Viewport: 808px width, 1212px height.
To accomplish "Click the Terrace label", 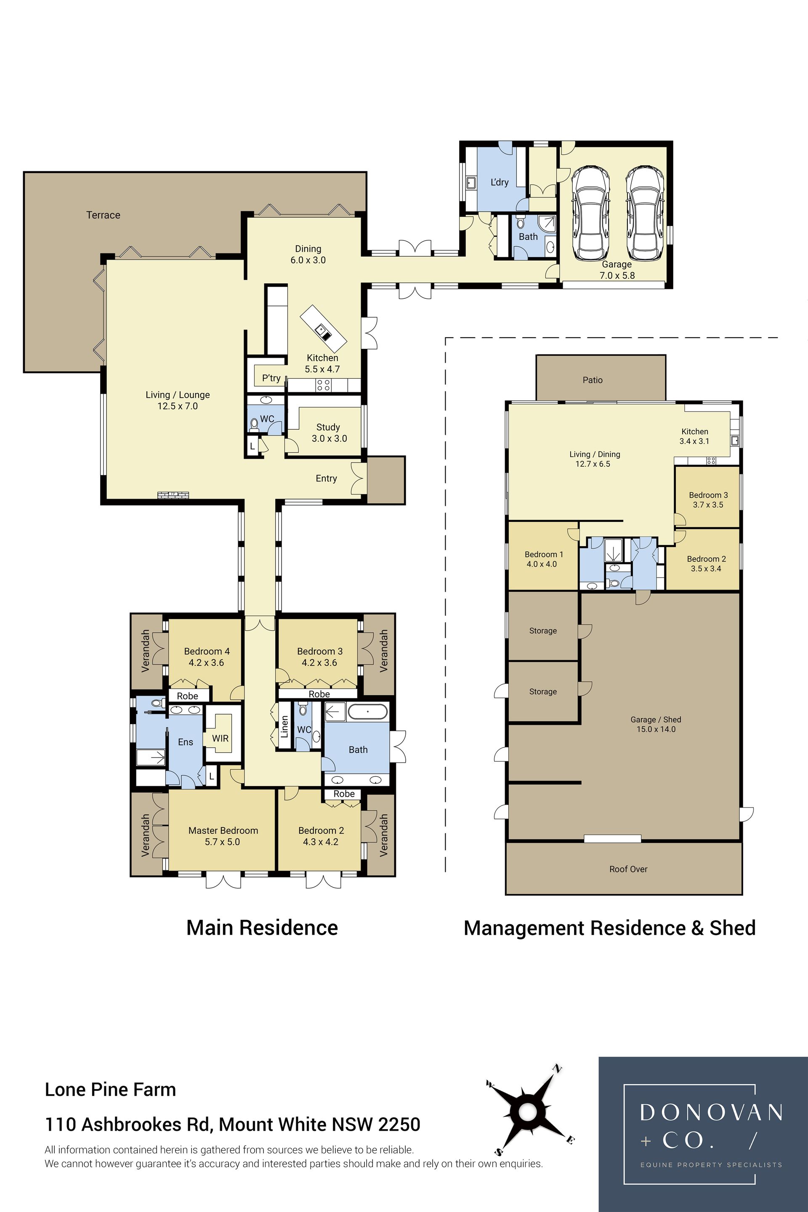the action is [103, 215].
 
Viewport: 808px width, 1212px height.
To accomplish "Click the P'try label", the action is [271, 378].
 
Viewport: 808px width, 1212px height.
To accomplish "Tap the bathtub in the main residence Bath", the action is [367, 712].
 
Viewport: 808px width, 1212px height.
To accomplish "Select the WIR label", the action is [220, 739].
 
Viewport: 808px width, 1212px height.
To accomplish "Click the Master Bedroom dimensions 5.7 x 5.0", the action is [222, 842].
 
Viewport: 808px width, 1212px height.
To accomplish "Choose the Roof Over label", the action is [628, 869].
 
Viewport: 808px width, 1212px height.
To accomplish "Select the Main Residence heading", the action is [262, 928].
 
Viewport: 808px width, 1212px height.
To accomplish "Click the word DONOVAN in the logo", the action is [712, 1113].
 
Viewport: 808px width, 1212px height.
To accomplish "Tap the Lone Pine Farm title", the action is [110, 1090].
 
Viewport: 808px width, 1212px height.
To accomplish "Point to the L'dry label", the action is [500, 182].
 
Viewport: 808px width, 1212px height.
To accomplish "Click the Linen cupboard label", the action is [284, 727].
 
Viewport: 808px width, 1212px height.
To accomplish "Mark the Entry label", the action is [326, 479].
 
